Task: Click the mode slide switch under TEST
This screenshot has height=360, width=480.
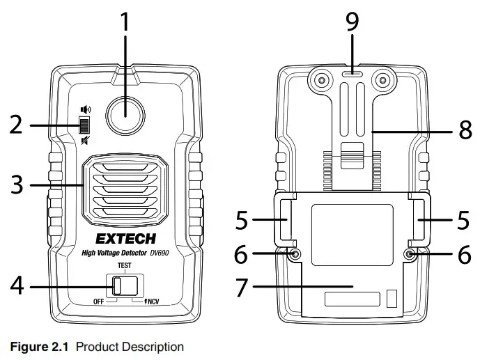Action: tap(119, 285)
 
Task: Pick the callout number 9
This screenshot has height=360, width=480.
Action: tap(353, 22)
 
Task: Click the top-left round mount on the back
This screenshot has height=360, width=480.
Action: tap(321, 81)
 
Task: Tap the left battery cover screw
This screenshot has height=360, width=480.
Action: tap(295, 255)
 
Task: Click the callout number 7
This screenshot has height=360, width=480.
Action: tap(242, 287)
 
